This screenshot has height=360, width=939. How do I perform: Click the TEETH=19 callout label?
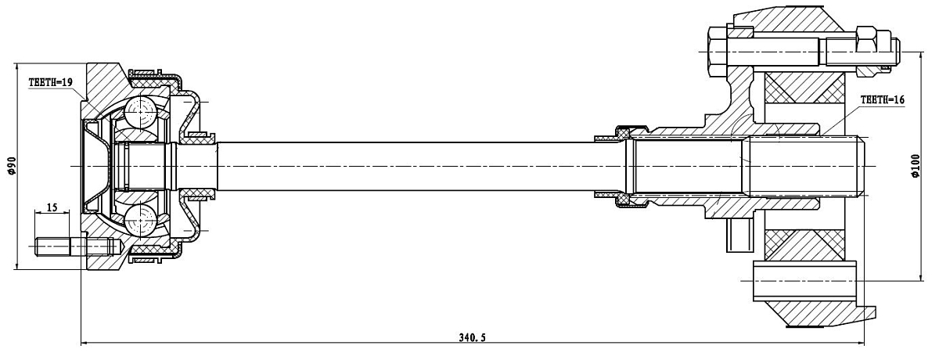click(50, 82)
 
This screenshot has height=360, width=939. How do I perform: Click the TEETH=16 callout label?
click(883, 100)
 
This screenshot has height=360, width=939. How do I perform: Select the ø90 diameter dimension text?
click(12, 166)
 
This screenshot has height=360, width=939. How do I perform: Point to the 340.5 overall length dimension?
click(472, 337)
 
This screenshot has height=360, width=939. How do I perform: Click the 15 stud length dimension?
click(52, 207)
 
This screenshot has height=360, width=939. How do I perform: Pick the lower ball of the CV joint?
click(140, 221)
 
